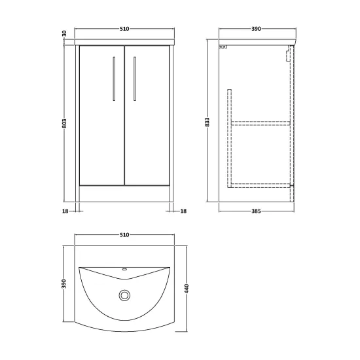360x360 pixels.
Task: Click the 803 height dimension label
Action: pyautogui.click(x=64, y=123)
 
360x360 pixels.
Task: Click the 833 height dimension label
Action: pyautogui.click(x=207, y=122)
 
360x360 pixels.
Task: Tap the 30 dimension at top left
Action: pyautogui.click(x=64, y=33)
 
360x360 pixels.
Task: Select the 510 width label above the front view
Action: pyautogui.click(x=124, y=29)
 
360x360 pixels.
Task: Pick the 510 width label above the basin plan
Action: pyautogui.click(x=124, y=235)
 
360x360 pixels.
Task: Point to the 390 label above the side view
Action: pyautogui.click(x=256, y=29)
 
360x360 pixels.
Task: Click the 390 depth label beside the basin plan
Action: pyautogui.click(x=64, y=284)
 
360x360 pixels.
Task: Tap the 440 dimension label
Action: pyautogui.click(x=187, y=289)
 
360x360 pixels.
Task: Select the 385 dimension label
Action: pyautogui.click(x=256, y=211)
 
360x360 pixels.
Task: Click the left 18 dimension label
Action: pyautogui.click(x=65, y=211)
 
